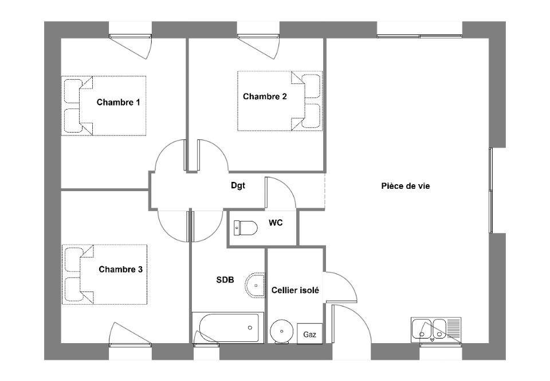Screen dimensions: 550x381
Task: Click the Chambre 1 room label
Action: point(118,102)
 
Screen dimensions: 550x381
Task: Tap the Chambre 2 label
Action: point(265,96)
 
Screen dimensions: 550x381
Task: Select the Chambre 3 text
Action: point(121,269)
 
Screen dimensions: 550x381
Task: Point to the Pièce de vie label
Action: point(406,186)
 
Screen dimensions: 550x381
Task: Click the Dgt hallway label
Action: point(238,185)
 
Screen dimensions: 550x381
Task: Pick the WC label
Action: point(276,223)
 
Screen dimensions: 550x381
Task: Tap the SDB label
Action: point(225,280)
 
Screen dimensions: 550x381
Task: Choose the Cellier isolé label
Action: point(296,290)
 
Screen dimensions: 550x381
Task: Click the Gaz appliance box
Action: point(310,334)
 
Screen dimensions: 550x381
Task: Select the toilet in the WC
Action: point(246,228)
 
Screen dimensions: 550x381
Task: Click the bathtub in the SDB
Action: point(229,327)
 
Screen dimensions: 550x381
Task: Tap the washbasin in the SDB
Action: point(256,285)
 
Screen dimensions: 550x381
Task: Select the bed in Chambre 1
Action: point(104,106)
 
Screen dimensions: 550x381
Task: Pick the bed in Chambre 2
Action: point(280,101)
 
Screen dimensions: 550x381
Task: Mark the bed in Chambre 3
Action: point(104,274)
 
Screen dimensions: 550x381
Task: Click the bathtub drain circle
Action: point(250,328)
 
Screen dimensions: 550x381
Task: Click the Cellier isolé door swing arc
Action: point(347,282)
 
